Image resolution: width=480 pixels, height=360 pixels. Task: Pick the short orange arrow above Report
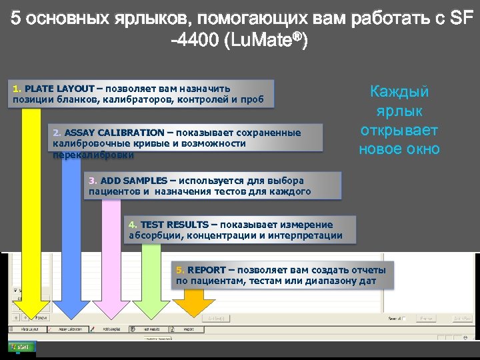click(x=193, y=304)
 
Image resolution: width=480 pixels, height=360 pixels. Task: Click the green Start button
click(x=21, y=347)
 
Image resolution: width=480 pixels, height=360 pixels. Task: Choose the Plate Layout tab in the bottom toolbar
click(x=29, y=329)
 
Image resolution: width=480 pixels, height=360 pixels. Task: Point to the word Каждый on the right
click(x=399, y=91)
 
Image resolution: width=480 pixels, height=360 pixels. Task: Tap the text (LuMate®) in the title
click(x=266, y=41)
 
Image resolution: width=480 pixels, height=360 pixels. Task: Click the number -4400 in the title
click(x=195, y=41)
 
